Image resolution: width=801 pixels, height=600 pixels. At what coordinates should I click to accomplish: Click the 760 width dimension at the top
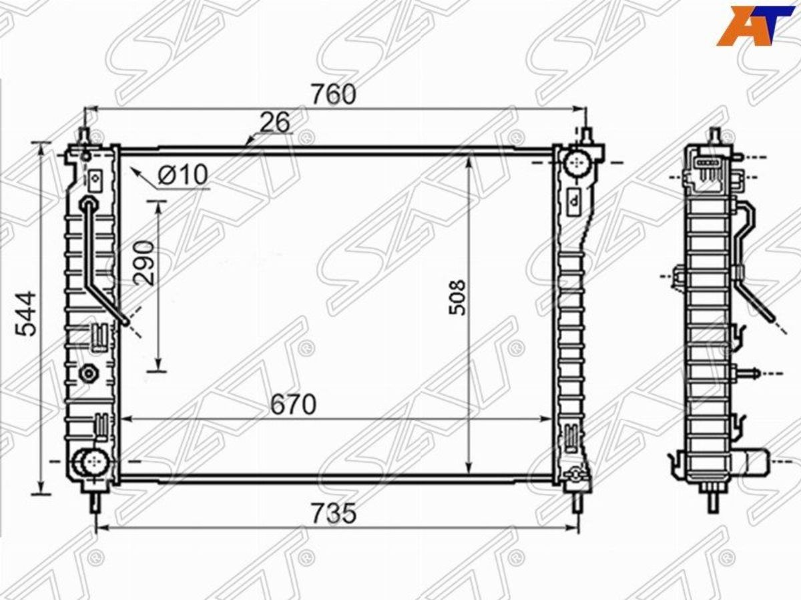333,95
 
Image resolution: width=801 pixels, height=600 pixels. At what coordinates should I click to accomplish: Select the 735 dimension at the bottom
334,513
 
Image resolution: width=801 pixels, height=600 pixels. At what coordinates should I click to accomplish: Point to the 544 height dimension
26,313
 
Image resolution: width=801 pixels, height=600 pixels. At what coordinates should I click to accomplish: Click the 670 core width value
293,404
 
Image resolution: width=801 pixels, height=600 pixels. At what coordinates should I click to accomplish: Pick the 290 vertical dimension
144,262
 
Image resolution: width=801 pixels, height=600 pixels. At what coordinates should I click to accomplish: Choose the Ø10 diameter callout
183,174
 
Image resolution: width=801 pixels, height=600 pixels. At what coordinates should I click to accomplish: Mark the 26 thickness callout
275,122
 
